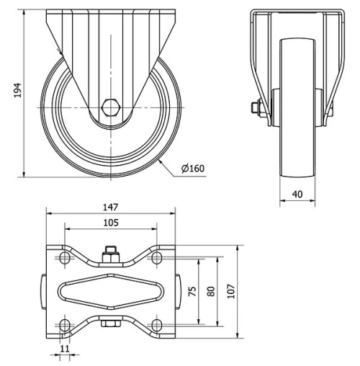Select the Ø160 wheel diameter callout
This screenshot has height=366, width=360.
[x=194, y=169]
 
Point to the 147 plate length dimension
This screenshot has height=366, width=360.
[x=110, y=207]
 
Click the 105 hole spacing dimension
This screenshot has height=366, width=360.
[x=110, y=223]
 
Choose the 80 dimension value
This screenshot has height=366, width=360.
[x=211, y=290]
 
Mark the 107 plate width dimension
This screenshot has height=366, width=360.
[x=230, y=290]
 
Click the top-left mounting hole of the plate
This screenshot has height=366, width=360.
[x=63, y=257]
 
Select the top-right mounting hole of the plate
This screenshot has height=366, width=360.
[x=156, y=257]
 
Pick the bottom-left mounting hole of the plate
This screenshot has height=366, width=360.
[x=63, y=323]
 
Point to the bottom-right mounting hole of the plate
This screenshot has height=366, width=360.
[x=156, y=323]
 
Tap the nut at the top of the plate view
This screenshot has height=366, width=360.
[x=110, y=254]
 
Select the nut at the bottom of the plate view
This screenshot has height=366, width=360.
[x=110, y=326]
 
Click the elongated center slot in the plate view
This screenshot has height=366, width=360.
[x=110, y=290]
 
